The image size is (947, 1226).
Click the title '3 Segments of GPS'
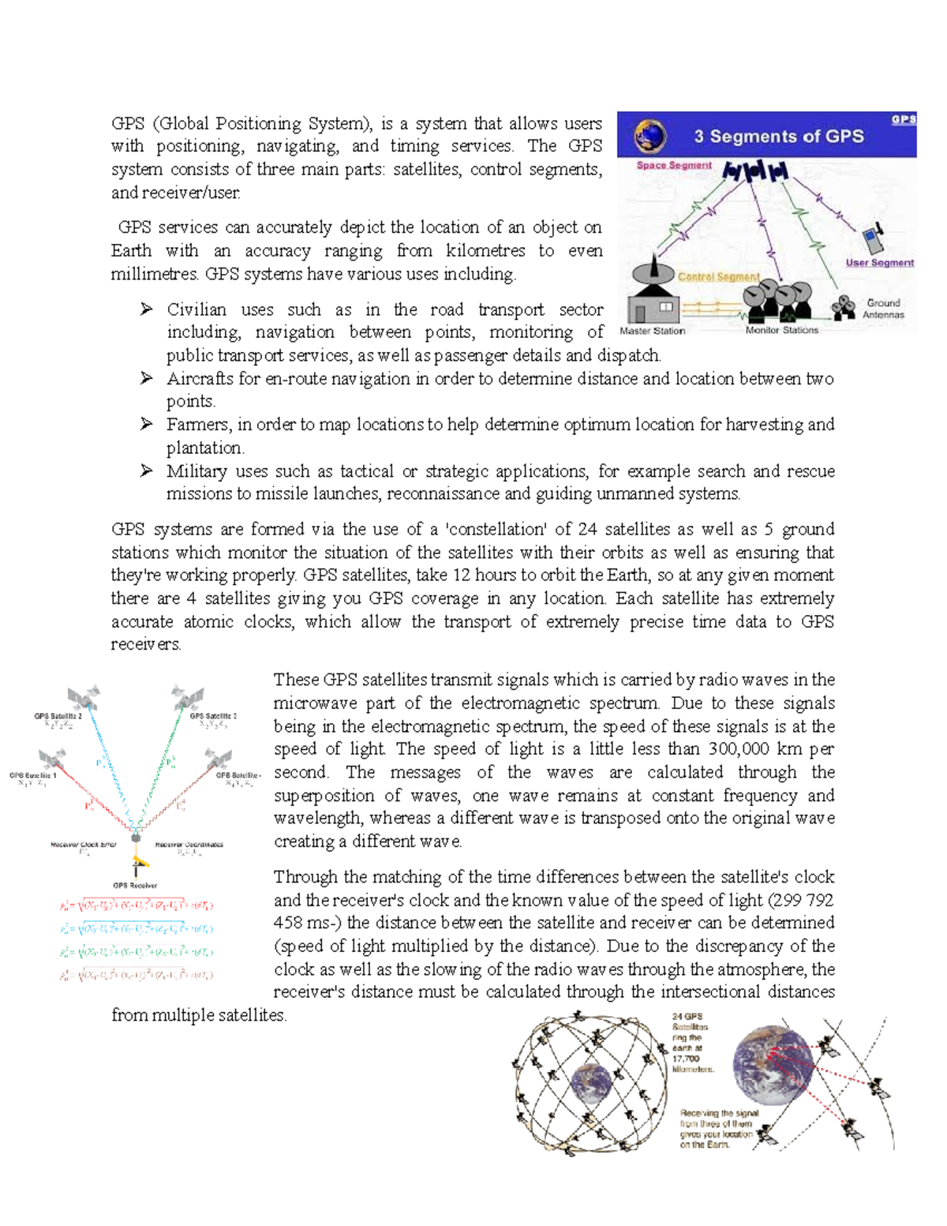coord(778,136)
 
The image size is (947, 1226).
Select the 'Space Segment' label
coord(674,165)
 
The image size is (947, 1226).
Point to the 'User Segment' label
coord(879,263)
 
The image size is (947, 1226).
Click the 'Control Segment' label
coord(718,277)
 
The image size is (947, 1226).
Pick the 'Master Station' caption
coord(653,331)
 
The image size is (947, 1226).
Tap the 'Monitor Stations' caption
coord(781,331)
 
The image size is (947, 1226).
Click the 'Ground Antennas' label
coord(883,309)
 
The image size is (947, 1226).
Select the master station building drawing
coord(653,301)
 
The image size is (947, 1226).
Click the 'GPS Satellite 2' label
coord(58,716)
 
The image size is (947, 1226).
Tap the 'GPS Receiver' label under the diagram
coord(135,885)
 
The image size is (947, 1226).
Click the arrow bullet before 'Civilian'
coord(147,309)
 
